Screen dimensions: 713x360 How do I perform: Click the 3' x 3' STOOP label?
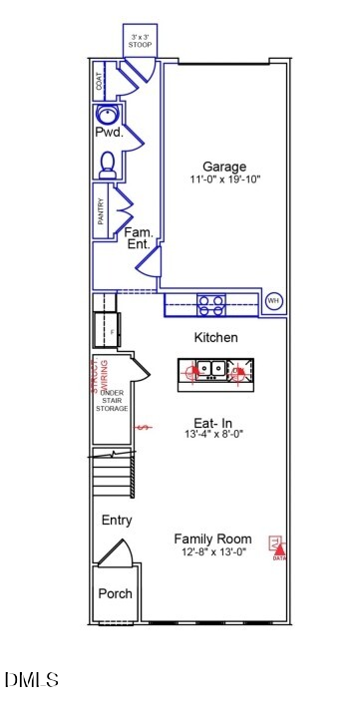coord(139,41)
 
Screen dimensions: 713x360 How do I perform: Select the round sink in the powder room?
coord(109,114)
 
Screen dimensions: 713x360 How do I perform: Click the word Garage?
coord(224,167)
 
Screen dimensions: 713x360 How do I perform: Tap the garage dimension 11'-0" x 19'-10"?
coord(224,180)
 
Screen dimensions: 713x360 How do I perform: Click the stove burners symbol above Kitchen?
coord(210,304)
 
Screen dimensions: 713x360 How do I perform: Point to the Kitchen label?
coord(215,338)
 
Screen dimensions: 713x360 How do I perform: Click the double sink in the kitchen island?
coord(209,371)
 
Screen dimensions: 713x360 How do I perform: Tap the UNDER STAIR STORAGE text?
coord(112,400)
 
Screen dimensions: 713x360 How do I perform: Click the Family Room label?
coord(215,537)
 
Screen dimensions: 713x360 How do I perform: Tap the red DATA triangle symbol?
coord(279,547)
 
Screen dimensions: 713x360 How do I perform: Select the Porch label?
coord(115,593)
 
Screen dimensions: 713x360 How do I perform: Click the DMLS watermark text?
coord(32,680)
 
